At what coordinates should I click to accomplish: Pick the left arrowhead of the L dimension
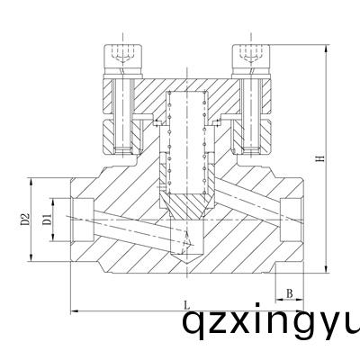click(x=72, y=311)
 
